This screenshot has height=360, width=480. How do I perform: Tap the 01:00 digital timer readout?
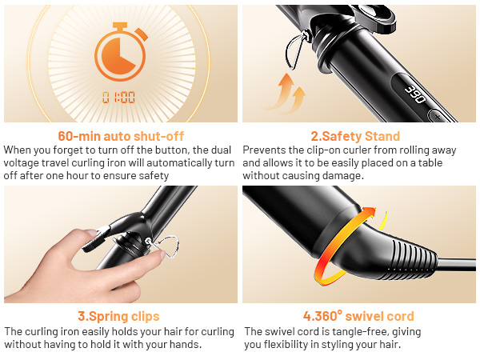tap(118, 98)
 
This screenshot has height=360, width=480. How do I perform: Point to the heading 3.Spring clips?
tap(118, 316)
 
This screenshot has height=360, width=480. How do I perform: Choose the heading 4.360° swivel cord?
tap(360, 316)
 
